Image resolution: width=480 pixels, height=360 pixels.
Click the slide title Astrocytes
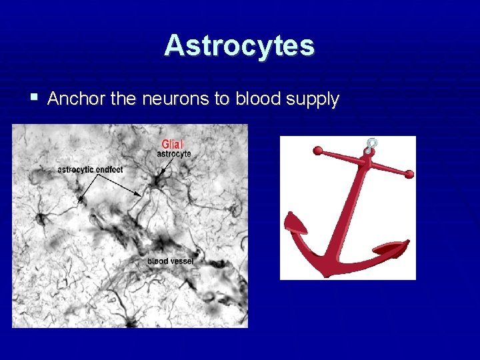pos(239,46)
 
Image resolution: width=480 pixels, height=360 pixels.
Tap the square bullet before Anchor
pos(34,98)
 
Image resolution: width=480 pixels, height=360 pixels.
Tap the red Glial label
pos(173,144)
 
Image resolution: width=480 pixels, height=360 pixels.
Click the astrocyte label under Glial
pos(173,154)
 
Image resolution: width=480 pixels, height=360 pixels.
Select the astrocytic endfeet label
pos(90,169)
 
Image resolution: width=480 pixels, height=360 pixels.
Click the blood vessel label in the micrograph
pos(170,261)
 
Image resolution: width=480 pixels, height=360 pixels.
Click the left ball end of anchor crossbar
pos(318,150)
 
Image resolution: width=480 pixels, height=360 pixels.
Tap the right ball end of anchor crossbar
pos(409,174)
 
